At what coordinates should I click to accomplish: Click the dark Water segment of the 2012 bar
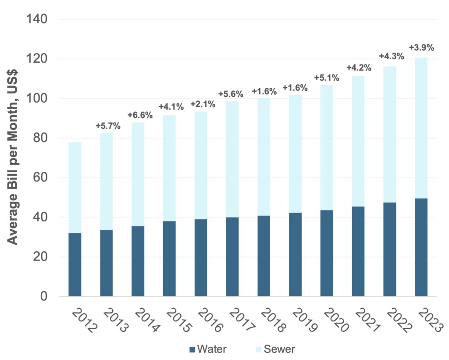tap(75, 264)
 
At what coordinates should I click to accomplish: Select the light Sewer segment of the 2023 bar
tap(421, 128)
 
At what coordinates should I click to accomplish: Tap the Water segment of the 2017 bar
tap(233, 257)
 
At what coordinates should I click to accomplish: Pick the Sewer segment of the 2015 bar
tap(170, 168)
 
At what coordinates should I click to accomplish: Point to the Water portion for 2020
tap(327, 253)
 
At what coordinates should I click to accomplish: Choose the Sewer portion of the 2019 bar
tap(296, 153)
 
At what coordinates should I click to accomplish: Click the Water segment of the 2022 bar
tap(390, 249)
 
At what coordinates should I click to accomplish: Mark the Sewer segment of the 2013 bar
tap(107, 181)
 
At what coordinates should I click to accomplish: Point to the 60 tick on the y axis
tap(41, 178)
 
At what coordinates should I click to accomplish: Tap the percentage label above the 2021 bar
tap(359, 68)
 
